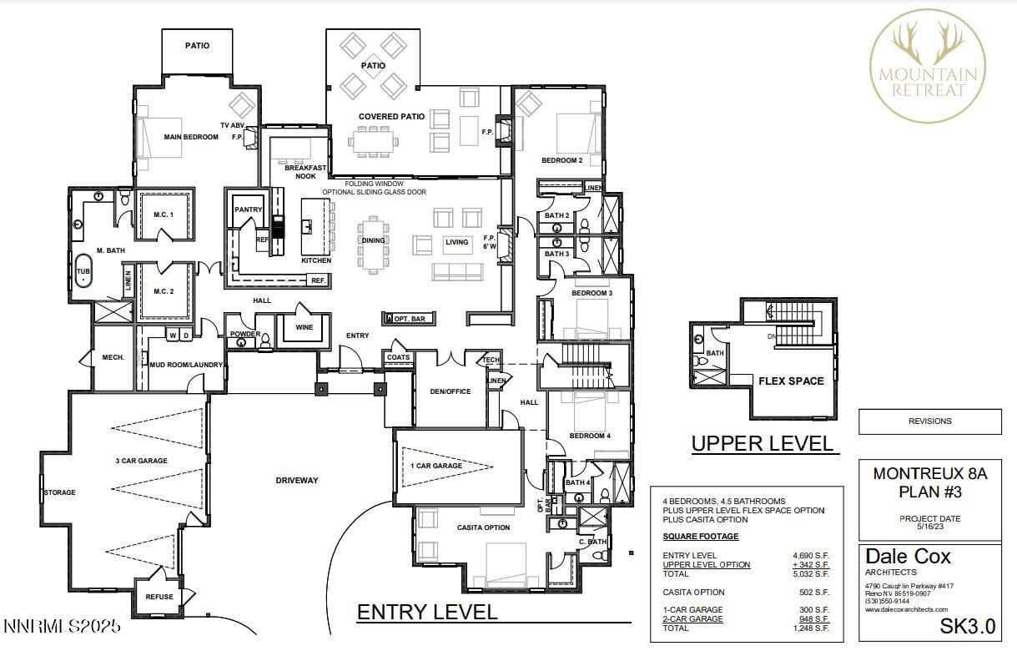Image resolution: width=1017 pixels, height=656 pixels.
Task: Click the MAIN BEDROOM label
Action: [191, 137]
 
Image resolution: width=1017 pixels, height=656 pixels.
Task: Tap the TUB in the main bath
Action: [83, 272]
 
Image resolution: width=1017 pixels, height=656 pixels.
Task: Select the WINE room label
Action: [305, 327]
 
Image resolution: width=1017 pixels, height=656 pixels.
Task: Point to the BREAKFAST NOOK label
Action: [300, 172]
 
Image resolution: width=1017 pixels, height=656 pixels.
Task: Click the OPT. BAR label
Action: [409, 319]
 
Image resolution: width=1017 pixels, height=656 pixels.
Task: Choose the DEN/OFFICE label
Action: [451, 391]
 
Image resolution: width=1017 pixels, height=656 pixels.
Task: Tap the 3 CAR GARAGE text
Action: [141, 461]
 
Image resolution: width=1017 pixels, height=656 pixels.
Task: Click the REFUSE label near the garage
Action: [159, 597]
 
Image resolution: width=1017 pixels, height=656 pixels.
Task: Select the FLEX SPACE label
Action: [791, 381]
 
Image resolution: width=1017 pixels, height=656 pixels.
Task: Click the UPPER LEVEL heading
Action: [762, 443]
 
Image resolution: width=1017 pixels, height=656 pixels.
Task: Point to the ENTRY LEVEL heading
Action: [426, 612]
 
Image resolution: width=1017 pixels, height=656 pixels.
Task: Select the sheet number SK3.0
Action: [967, 627]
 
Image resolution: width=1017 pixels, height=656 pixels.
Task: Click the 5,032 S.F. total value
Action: [810, 574]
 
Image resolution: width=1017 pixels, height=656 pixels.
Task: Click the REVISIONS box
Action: [929, 421]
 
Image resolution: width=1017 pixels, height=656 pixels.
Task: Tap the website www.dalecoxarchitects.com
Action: [907, 609]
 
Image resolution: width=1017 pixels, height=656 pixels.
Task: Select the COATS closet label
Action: [399, 357]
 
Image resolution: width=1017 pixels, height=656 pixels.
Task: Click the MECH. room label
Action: [113, 357]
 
